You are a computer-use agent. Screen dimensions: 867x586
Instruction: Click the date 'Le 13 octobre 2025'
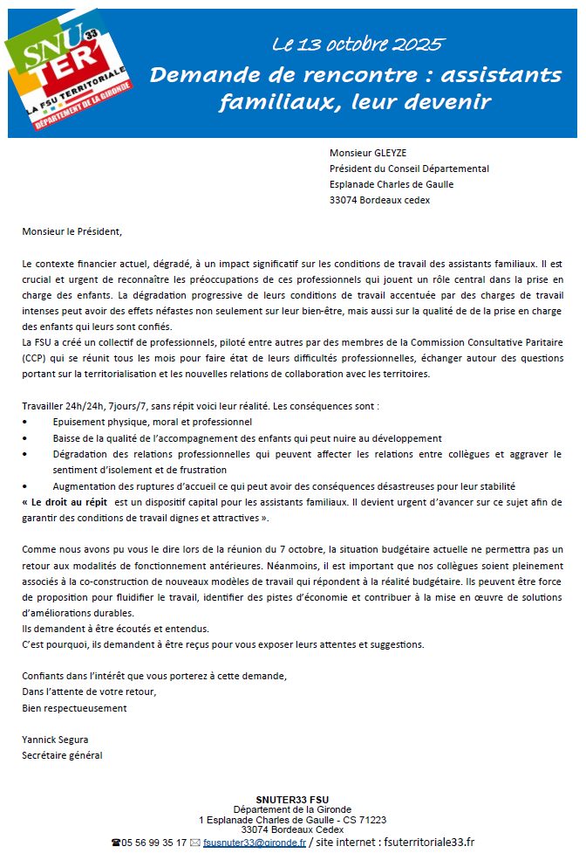coord(358,45)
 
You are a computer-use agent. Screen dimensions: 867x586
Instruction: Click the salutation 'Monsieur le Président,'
coord(72,232)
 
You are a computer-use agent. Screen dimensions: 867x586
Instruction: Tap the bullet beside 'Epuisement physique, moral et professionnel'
coord(25,423)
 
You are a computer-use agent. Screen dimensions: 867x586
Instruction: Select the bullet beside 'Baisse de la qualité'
coord(25,438)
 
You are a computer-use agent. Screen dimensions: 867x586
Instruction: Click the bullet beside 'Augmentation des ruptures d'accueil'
coord(25,486)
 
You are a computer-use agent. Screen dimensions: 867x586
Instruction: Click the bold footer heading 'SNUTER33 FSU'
coord(292,800)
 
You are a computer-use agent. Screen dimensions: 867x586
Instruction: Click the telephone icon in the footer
coord(116,843)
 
